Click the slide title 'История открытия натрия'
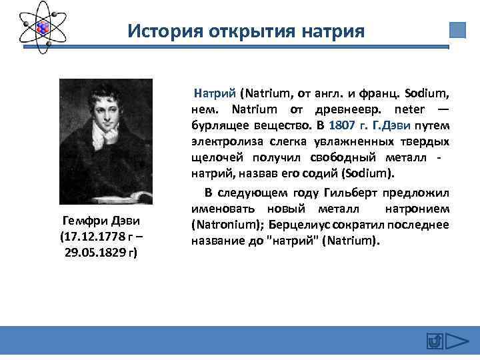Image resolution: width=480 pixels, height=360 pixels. point(246,31)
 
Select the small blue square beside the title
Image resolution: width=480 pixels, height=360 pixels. point(457,31)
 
